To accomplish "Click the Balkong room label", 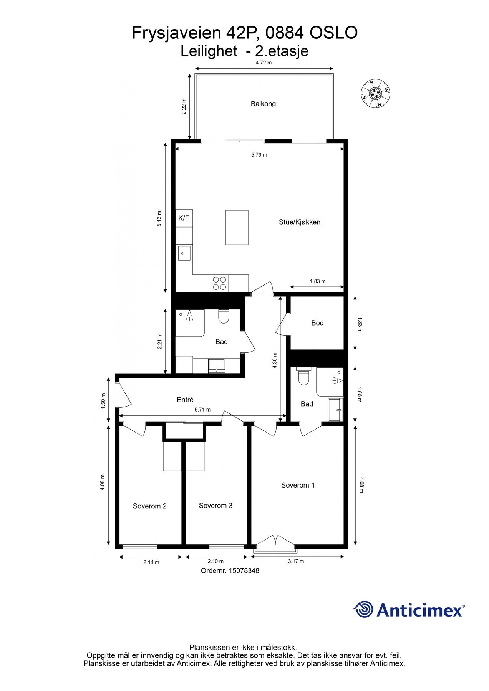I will tap(263, 104).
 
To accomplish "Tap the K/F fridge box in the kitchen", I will tap(184, 218).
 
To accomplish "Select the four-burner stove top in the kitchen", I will tap(219, 283).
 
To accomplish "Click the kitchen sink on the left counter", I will tap(184, 253).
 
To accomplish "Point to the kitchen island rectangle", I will tap(237, 227).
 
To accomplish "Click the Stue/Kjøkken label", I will tap(300, 222).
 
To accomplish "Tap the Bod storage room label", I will tap(317, 323).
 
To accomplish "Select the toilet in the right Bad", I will tap(303, 377).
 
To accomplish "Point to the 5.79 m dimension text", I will tap(259, 155).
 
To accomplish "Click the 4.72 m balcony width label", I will tap(264, 63).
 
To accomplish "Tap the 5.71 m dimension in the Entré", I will tap(202, 410).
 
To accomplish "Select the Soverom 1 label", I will tap(298, 485).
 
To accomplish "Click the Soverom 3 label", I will tap(215, 506).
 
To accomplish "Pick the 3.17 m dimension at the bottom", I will tap(296, 561).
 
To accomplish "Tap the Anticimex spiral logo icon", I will tap(363, 609).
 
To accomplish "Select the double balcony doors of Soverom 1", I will tap(275, 541).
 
